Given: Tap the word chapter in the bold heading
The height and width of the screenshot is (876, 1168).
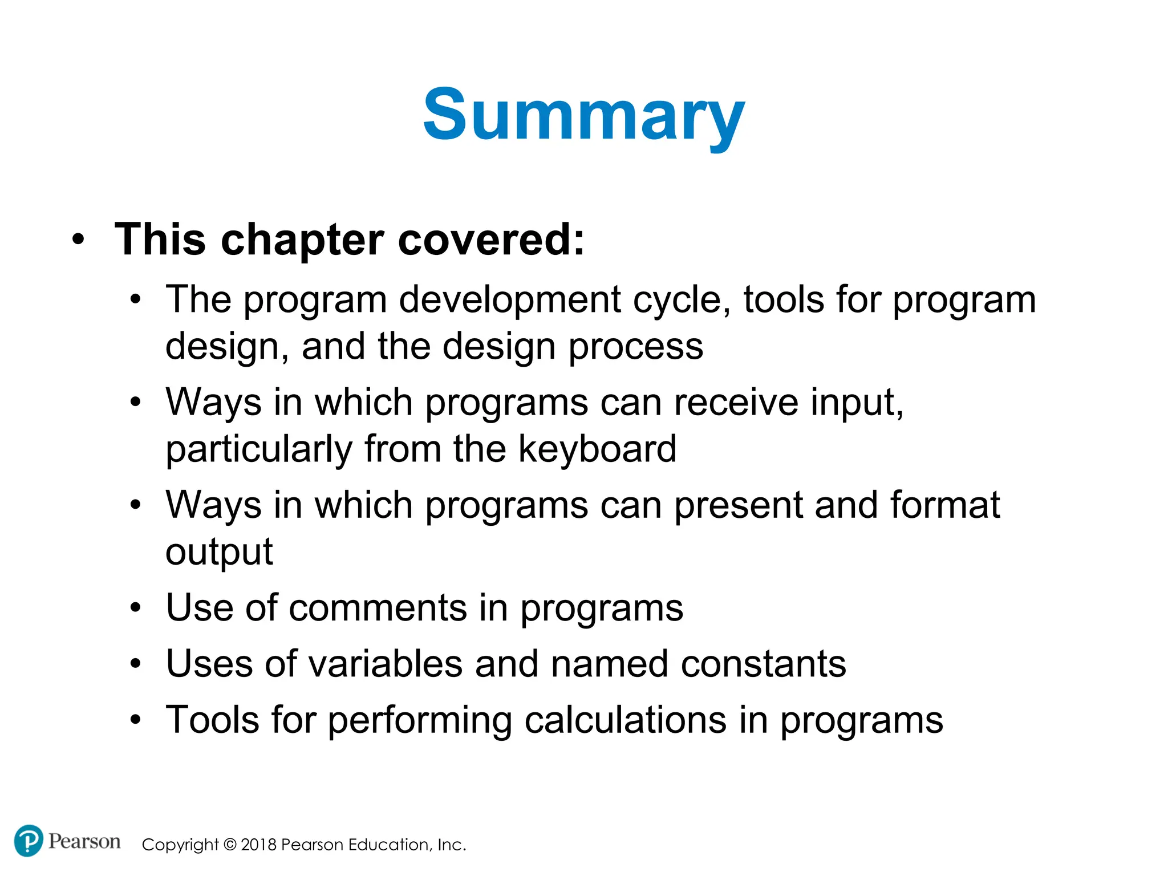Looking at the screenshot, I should point(302,240).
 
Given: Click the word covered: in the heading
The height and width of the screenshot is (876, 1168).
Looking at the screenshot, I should point(491,240).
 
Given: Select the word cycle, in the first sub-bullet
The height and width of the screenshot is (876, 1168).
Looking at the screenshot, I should point(682,300).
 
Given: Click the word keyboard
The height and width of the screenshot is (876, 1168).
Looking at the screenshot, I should point(597,449).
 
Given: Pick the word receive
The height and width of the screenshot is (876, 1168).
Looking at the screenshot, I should point(736,403).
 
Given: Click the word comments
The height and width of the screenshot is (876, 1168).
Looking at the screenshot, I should point(378,608).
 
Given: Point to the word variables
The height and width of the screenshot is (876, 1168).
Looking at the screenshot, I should point(386,664).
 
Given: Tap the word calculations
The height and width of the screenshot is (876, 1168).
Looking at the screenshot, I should point(625,720).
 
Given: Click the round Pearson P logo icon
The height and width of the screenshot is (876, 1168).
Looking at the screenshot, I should point(28,841).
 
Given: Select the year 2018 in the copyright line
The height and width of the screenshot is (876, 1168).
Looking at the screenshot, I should point(258,845).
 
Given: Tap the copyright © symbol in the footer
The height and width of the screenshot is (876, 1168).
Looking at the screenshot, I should point(230,845).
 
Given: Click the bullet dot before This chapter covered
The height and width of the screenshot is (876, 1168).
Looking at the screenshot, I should point(78,240).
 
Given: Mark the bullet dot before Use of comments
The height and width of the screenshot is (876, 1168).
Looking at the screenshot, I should point(135,608).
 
